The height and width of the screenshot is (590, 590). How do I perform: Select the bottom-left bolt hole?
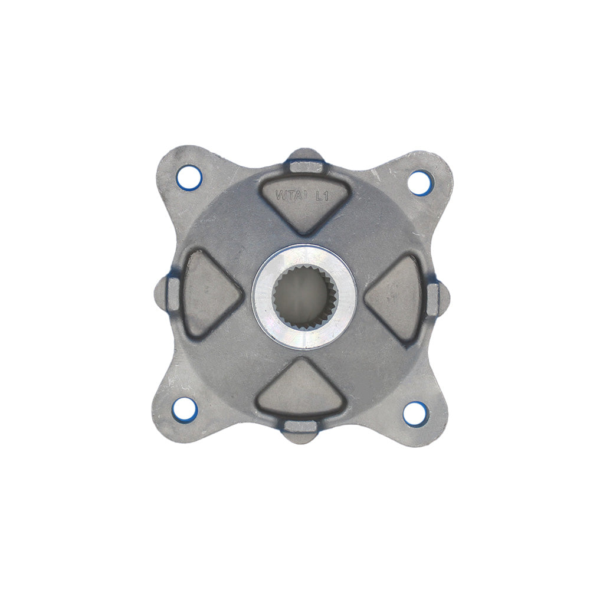[x=185, y=407]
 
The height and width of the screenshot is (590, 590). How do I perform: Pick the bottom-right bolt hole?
[x=415, y=413]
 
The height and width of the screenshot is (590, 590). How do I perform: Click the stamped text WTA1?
[x=290, y=195]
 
